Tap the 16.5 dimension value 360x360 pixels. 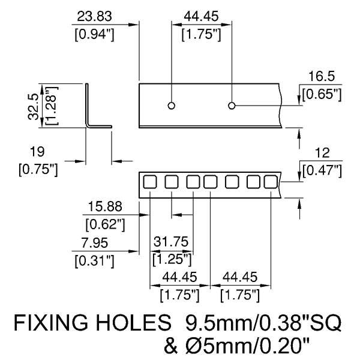321,77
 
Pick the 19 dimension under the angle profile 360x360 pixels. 37,151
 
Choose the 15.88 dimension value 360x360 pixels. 104,207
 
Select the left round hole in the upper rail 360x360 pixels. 172,106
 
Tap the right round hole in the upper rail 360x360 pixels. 232,106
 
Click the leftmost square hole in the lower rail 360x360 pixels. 150,181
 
